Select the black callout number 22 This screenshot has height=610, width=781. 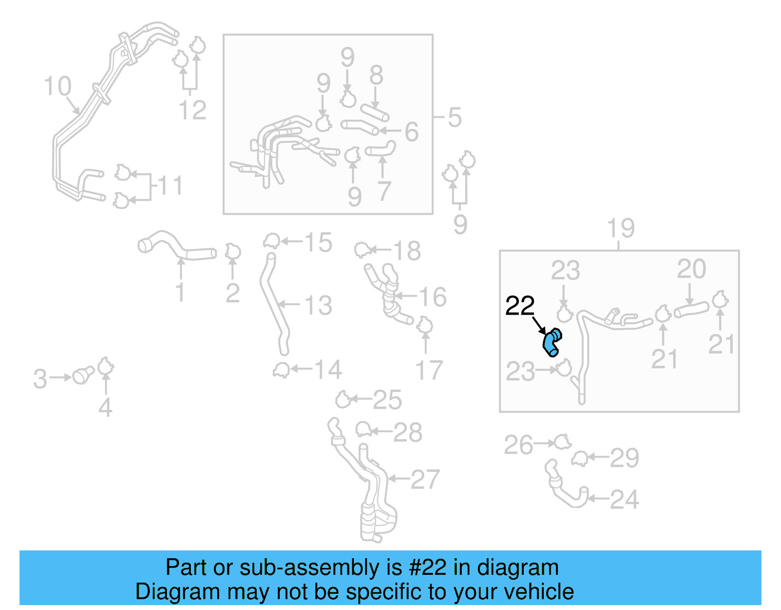[x=520, y=306]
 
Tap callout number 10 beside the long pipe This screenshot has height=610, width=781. [x=58, y=86]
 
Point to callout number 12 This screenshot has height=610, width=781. [x=192, y=110]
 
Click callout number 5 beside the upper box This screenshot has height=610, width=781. [x=454, y=118]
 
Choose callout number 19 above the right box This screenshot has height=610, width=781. [x=620, y=228]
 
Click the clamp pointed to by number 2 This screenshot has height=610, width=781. [x=233, y=252]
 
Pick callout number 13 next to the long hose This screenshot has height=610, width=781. [x=318, y=306]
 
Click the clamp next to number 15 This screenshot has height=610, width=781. [x=271, y=241]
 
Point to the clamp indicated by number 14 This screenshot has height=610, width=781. [x=281, y=370]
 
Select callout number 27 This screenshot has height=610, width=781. [x=425, y=480]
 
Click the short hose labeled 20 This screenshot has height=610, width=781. [x=691, y=310]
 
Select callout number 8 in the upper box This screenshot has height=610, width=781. [x=376, y=76]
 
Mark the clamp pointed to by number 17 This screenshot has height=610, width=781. [x=425, y=325]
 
